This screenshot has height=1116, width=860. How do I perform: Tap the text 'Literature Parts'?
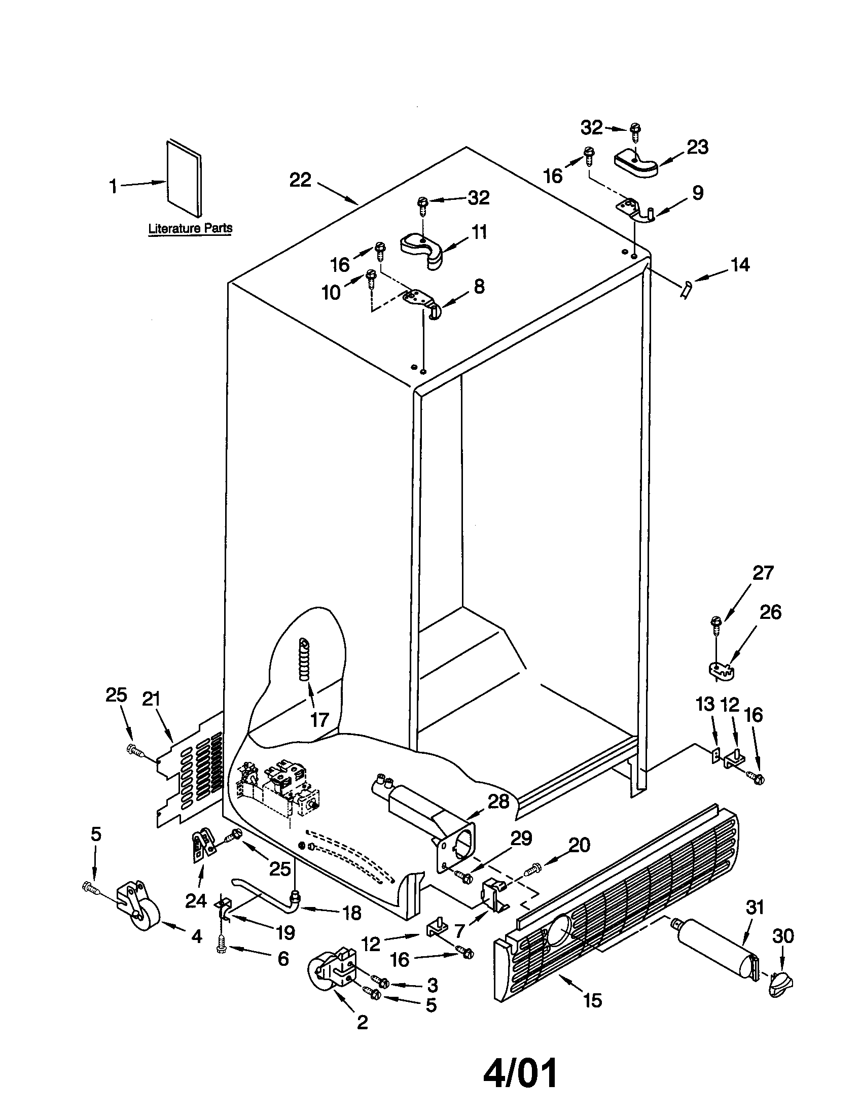(190, 228)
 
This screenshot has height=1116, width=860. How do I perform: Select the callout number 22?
(300, 180)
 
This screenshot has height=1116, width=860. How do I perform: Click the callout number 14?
(740, 265)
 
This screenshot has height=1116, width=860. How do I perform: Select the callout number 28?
(498, 801)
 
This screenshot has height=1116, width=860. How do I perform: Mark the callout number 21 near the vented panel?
(151, 699)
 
